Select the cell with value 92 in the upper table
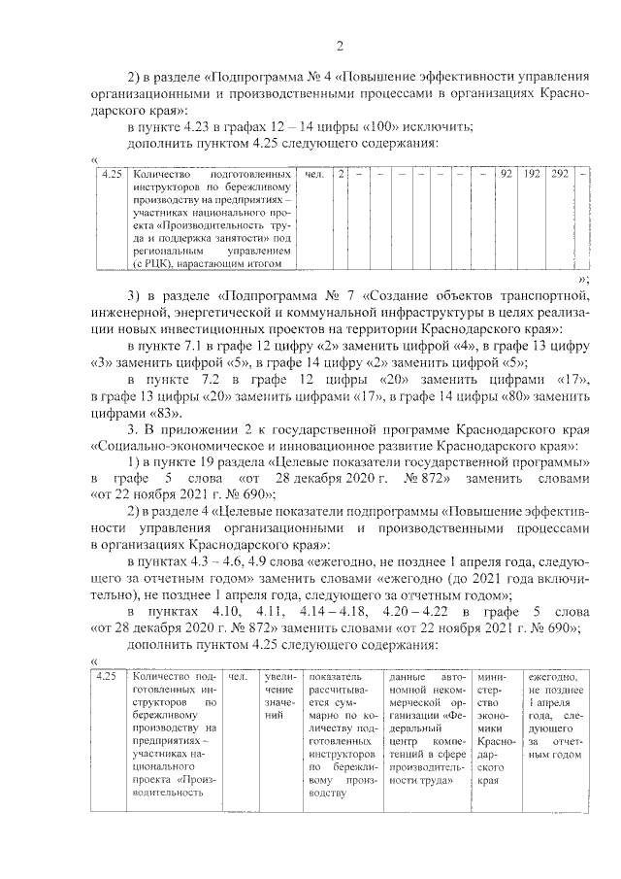506,175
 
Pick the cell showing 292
560,175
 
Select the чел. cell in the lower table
237,677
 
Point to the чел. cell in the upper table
314,175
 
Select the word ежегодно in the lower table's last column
554,677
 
